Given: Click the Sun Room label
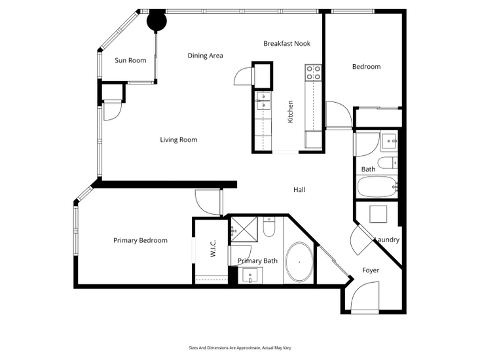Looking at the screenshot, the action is point(130,61).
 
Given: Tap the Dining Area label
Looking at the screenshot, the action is point(205,56).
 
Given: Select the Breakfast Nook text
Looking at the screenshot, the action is point(287,44).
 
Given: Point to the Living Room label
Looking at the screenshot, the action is point(179,140).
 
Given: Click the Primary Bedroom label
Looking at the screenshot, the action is point(140,240).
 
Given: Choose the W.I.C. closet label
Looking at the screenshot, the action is point(213,248).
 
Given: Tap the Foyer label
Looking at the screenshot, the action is point(371,270).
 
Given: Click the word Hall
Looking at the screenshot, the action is point(299,190).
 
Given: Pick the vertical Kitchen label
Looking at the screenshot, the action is point(291,112).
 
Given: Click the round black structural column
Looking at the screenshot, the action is point(157,21).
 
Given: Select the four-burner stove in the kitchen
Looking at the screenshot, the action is point(314,73).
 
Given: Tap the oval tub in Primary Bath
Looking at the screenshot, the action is point(299,262).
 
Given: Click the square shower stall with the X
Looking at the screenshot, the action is point(244,229).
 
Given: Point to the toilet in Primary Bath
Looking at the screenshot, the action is point(269,226).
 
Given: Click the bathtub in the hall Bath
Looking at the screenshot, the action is point(377,187).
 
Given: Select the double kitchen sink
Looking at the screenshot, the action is point(263,101).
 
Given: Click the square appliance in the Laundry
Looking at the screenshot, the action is point(378,215).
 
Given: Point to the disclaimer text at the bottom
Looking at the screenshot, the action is point(240,348).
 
